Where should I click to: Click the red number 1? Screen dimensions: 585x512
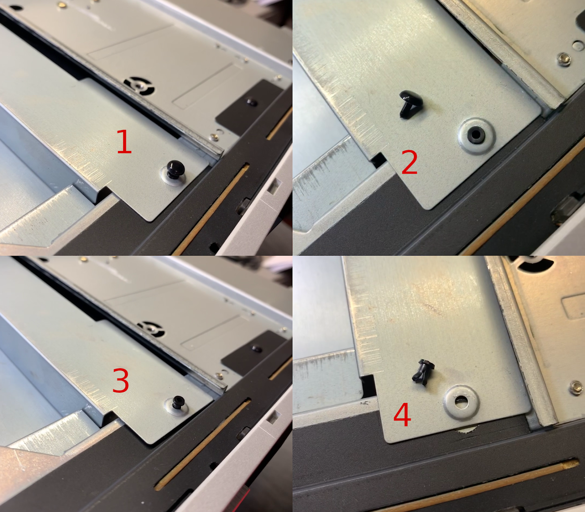pyautogui.click(x=124, y=142)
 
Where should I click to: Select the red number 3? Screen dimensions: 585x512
pyautogui.click(x=121, y=380)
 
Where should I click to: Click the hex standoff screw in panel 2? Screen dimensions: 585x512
pyautogui.click(x=564, y=59)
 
